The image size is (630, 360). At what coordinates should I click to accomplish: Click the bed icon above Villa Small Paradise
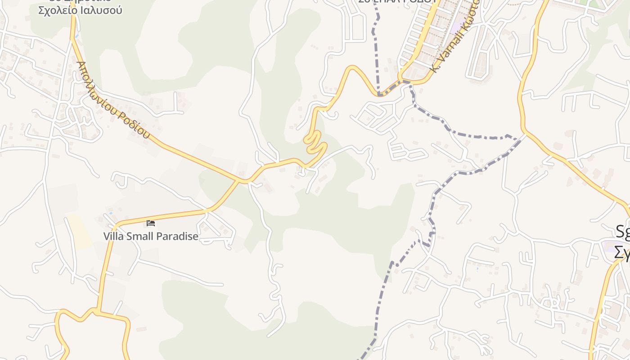(151, 223)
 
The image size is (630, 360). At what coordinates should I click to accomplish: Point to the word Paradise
(178, 236)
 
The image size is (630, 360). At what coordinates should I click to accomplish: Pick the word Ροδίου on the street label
(134, 123)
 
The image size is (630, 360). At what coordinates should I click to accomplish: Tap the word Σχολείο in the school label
(58, 10)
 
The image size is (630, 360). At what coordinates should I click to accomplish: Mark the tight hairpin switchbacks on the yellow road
(315, 143)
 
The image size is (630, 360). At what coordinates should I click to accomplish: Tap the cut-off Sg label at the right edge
(623, 232)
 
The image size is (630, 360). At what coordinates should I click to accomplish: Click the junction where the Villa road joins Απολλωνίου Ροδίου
(245, 181)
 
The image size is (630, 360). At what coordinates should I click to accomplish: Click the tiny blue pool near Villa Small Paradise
(111, 213)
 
